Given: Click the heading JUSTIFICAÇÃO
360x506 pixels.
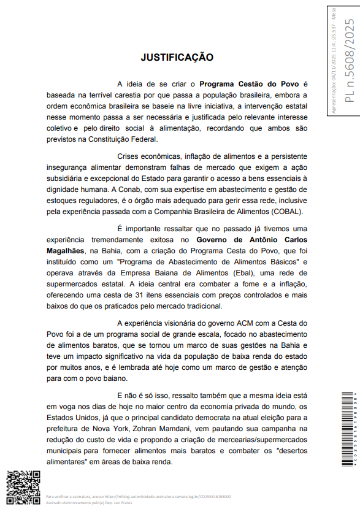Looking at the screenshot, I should pos(177,58).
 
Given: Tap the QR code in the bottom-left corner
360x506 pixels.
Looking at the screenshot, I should pos(23,487).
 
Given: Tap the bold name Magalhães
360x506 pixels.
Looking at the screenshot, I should pos(67,251).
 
